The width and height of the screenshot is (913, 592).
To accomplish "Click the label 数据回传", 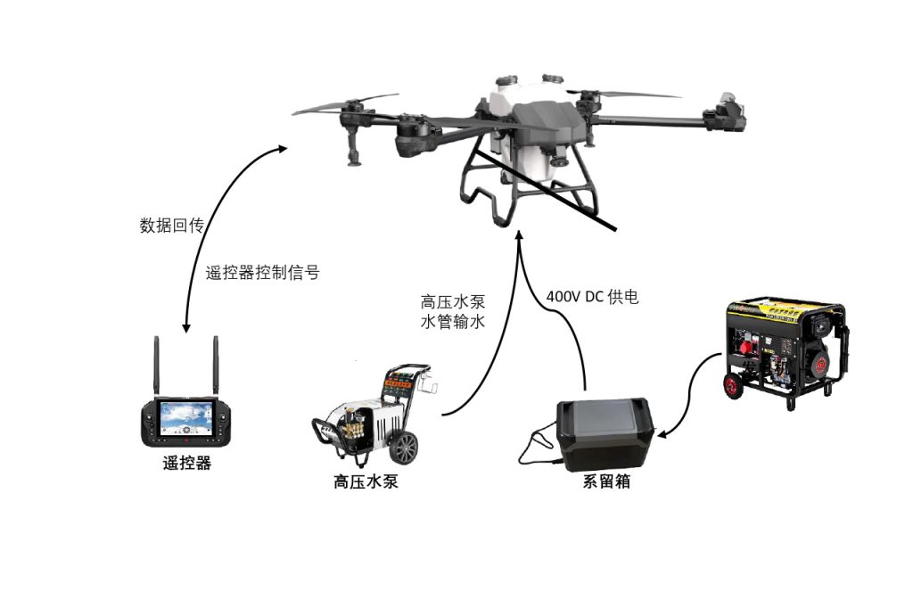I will (x=171, y=226).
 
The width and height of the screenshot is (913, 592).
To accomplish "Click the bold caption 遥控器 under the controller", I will (x=187, y=463).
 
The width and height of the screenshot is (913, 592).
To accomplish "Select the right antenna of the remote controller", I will (x=216, y=366).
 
